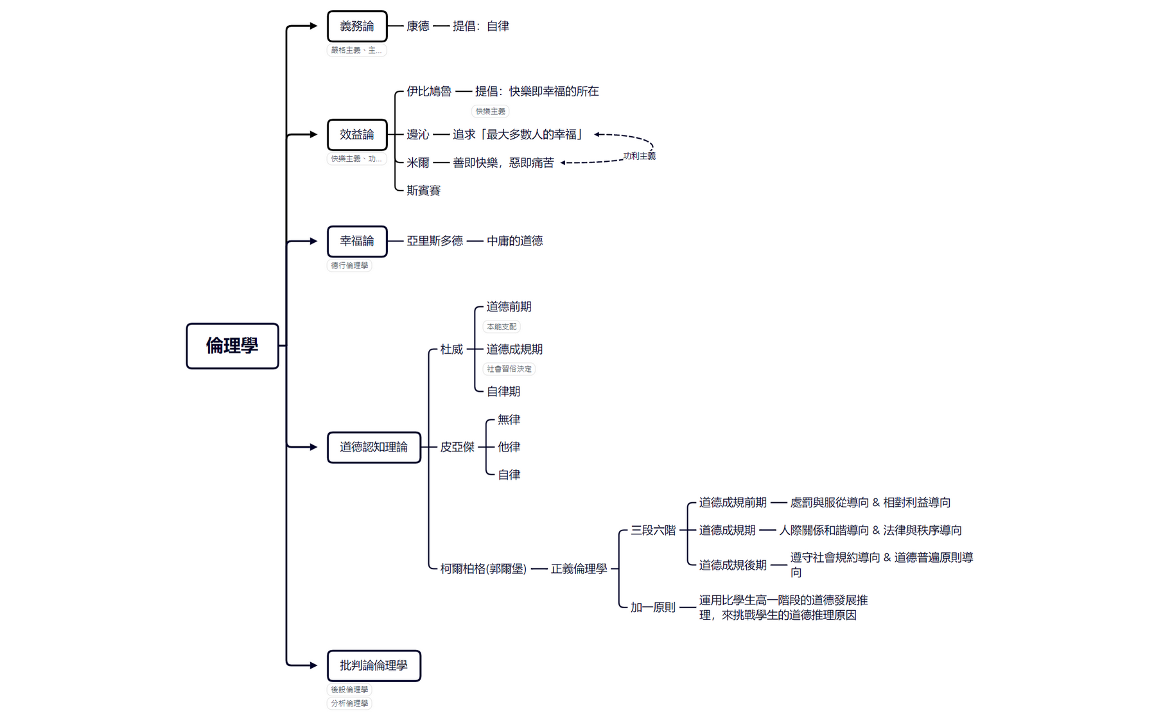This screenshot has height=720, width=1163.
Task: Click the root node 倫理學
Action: [232, 346]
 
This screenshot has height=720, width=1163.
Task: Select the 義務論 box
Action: [357, 26]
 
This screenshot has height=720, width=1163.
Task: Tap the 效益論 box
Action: [357, 134]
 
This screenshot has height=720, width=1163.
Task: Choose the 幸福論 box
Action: [357, 241]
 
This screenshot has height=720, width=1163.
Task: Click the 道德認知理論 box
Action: [374, 447]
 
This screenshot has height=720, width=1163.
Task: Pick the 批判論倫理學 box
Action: [374, 665]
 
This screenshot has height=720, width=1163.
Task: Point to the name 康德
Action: [417, 26]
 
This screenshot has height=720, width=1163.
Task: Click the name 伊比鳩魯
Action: [428, 91]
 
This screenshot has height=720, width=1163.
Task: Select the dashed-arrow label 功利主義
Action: [639, 156]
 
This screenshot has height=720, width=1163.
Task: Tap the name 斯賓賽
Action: [423, 191]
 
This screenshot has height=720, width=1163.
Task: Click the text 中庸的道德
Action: [514, 241]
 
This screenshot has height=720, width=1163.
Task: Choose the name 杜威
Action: [451, 349]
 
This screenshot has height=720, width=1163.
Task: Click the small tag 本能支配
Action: [501, 327]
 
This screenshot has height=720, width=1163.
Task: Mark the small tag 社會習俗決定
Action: [509, 369]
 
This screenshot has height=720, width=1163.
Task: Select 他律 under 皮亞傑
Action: [509, 447]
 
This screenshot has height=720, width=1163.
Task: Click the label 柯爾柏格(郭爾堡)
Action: [483, 568]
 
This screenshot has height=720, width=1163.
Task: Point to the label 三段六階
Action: [652, 530]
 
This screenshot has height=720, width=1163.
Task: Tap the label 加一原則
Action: [652, 607]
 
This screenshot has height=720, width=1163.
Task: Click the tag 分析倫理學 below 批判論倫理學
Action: [349, 703]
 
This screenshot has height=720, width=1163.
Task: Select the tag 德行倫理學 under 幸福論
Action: [349, 265]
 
